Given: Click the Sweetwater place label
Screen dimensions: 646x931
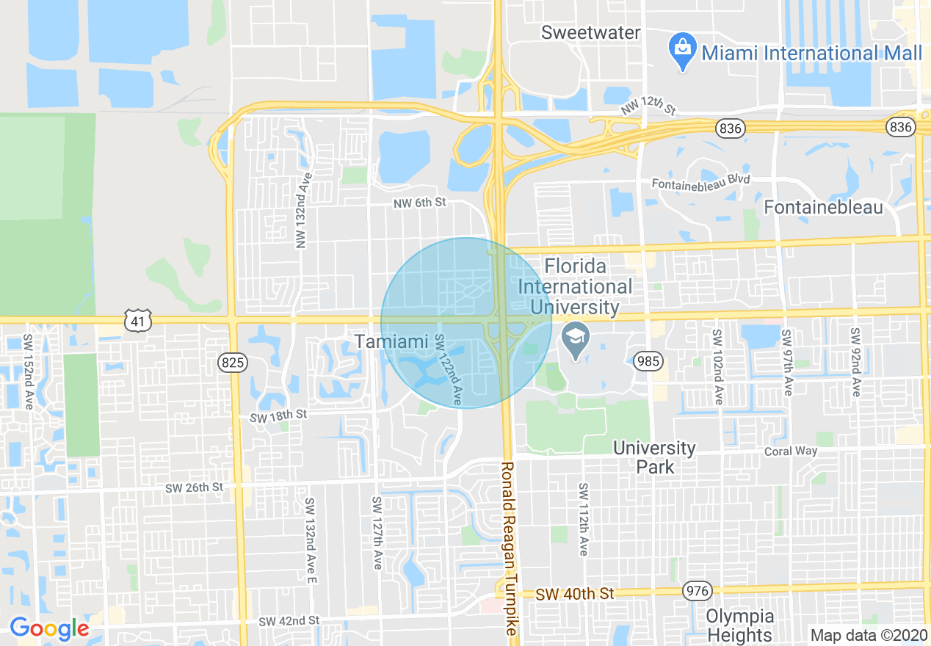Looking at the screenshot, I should [x=590, y=33].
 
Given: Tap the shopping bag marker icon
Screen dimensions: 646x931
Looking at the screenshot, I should [x=683, y=51].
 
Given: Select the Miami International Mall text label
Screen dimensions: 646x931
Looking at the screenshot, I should [x=811, y=53].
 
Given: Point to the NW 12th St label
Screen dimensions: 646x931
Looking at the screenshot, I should [x=648, y=108].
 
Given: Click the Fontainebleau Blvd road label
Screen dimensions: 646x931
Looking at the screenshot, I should [x=701, y=181].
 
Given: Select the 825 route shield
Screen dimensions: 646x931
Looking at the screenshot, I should [x=233, y=362].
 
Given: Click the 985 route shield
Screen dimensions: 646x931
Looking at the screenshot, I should [x=649, y=360].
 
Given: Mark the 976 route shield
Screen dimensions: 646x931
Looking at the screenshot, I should [x=697, y=590].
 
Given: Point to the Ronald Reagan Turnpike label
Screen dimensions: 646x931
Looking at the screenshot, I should [x=509, y=548].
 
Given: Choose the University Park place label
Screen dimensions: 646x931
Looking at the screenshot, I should [x=654, y=457].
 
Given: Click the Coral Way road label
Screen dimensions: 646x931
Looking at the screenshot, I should [x=790, y=451].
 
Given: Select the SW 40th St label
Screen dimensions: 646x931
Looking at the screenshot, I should [x=574, y=593].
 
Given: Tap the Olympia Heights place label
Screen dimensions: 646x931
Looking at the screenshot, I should [x=739, y=625].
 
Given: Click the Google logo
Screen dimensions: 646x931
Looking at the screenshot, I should [x=49, y=628].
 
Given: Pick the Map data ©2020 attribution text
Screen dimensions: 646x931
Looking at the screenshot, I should [x=869, y=635].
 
